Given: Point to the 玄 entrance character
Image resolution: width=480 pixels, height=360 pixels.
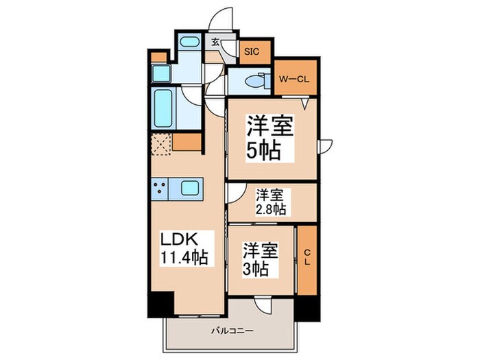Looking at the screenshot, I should tap(215, 43).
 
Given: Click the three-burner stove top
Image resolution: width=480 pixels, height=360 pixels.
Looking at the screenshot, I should tap(161, 187).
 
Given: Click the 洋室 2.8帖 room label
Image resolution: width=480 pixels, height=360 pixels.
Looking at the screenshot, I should tap(271, 202).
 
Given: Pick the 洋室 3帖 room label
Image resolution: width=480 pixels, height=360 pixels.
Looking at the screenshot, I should tap(260, 258).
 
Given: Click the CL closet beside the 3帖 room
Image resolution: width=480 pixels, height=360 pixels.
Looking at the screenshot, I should tap(307, 259).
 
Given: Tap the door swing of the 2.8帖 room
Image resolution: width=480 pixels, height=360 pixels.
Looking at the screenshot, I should tap(234, 193).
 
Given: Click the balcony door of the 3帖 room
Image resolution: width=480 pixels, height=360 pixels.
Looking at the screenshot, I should tap(263, 307).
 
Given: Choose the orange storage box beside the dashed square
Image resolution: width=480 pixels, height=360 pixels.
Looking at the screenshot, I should tap(187, 143).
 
